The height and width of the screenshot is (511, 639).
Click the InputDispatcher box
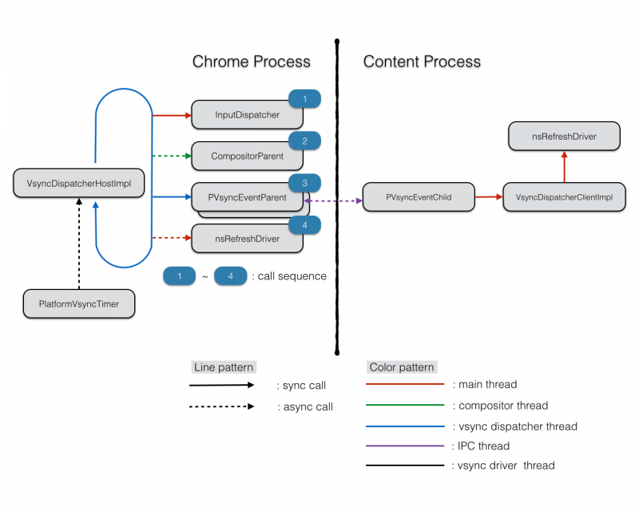click(x=248, y=115)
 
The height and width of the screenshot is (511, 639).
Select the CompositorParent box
click(x=248, y=156)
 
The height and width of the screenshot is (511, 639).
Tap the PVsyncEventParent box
click(x=247, y=197)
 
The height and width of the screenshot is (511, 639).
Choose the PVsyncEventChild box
click(x=419, y=197)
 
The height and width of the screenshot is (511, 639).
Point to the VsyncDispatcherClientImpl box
click(x=564, y=197)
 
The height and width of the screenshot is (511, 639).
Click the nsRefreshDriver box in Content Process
click(x=564, y=137)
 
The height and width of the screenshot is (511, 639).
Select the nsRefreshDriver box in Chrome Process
click(x=248, y=239)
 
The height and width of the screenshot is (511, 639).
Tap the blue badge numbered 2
click(x=305, y=141)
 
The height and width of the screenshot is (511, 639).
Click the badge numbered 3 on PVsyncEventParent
click(x=305, y=184)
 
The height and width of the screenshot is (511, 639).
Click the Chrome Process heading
click(x=252, y=61)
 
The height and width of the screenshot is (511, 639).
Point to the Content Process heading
click(x=423, y=61)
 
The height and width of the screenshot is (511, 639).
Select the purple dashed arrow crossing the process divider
click(x=336, y=201)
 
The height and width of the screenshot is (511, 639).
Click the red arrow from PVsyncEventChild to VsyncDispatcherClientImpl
click(x=489, y=196)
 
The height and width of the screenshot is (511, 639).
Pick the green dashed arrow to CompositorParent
click(x=172, y=156)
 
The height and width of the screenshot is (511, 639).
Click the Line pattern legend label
click(x=224, y=367)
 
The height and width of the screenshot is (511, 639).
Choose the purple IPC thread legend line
click(x=405, y=446)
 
